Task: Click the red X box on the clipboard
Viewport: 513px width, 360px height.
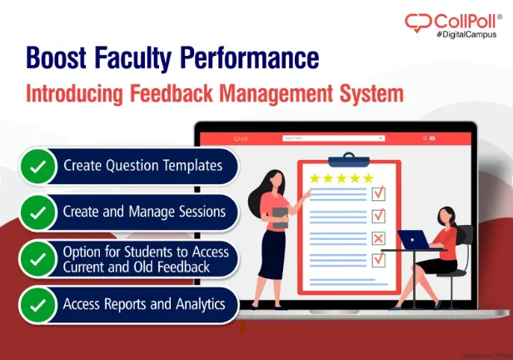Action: [378, 239]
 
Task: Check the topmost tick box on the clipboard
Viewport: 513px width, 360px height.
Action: [378, 193]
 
